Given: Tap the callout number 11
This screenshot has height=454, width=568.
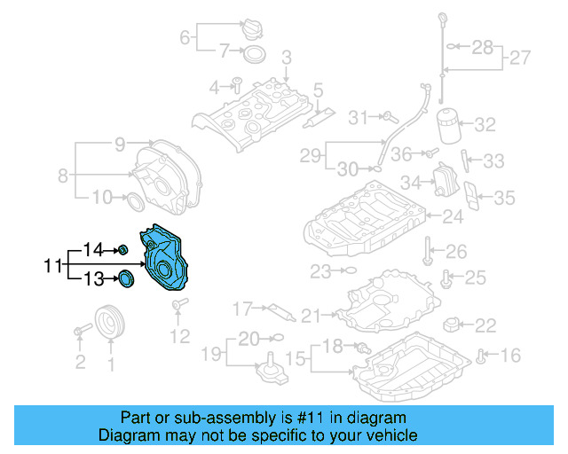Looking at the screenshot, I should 52,265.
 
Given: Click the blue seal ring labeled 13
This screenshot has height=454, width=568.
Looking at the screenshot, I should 127,281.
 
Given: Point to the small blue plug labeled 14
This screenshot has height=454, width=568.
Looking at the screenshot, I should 123,249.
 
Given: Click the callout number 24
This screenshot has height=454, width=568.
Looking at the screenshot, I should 453,215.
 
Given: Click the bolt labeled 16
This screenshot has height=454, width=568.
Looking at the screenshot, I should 481,357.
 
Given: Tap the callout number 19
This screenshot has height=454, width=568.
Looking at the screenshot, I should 209,355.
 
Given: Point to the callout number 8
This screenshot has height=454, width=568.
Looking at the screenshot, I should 62,175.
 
